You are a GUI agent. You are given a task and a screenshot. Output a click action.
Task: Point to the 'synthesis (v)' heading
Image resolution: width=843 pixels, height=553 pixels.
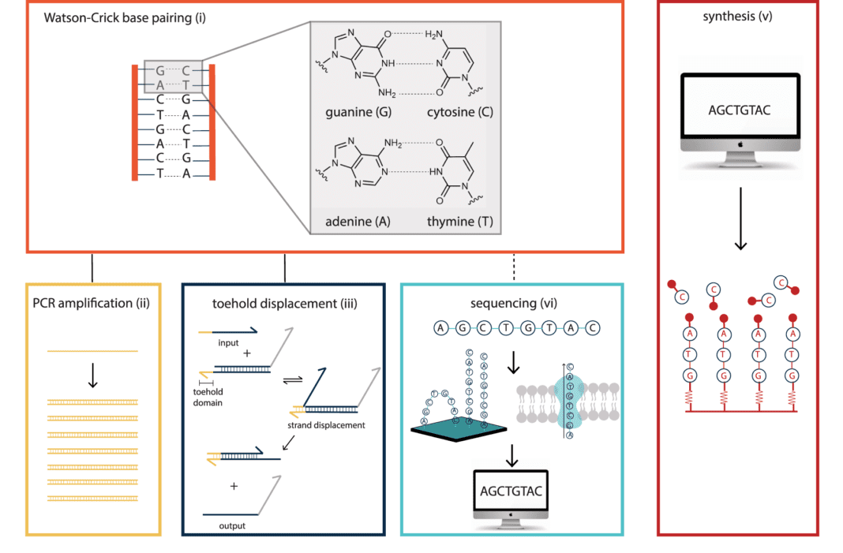coord(740,17)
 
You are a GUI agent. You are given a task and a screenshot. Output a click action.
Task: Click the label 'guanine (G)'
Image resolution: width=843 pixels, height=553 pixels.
coord(358,112)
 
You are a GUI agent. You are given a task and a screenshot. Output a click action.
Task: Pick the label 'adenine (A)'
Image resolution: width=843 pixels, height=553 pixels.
coord(358,222)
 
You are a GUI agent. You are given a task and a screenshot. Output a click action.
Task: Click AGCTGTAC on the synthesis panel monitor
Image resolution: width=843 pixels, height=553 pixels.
coord(740,110)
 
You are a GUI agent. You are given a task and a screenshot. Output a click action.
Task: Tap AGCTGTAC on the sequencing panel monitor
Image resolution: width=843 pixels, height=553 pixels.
coord(511,491)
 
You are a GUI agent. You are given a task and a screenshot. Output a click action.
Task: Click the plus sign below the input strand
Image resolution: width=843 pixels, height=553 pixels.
coord(247,353)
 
